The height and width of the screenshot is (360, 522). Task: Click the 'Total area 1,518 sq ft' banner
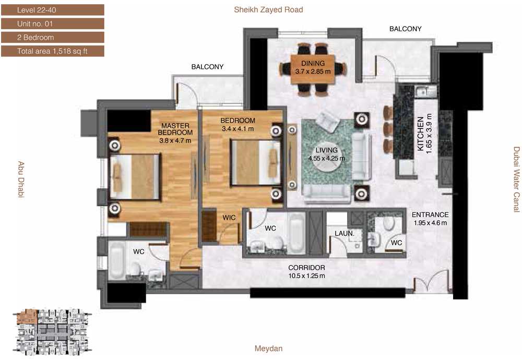coord(53,51)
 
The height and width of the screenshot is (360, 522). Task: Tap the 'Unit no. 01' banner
coord(53,23)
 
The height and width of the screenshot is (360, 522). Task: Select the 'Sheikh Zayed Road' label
coord(268,9)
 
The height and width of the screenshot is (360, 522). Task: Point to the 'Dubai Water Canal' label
coord(516,179)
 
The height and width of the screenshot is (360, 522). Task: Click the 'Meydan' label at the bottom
coord(268,349)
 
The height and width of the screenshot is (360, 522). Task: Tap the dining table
coord(313,69)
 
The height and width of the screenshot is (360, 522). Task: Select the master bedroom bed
coord(135,177)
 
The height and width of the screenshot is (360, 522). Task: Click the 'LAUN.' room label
coord(344,234)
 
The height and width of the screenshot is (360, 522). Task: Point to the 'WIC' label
coord(229,218)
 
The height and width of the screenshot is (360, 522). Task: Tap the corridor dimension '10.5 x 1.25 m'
coord(306,276)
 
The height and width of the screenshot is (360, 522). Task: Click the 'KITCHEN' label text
coord(420,133)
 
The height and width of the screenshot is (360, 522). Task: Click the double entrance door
coord(432,282)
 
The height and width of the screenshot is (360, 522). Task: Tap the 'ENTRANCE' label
coord(430,214)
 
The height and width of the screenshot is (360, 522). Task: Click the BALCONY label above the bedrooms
coord(207,67)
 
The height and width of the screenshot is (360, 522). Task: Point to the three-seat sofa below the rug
coord(327,194)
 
